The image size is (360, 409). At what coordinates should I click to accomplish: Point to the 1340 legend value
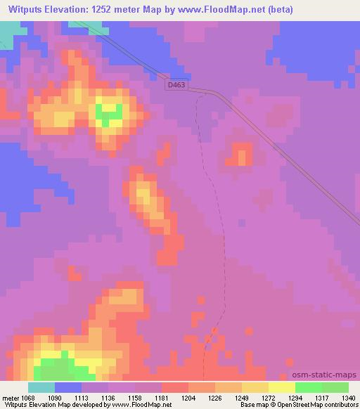point(347,397)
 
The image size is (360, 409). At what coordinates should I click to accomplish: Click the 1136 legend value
point(108,397)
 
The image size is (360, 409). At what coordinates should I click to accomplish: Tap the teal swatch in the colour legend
point(41,387)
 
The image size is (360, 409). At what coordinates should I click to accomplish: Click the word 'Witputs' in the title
point(23,9)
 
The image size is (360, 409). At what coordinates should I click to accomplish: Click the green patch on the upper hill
point(110,112)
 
